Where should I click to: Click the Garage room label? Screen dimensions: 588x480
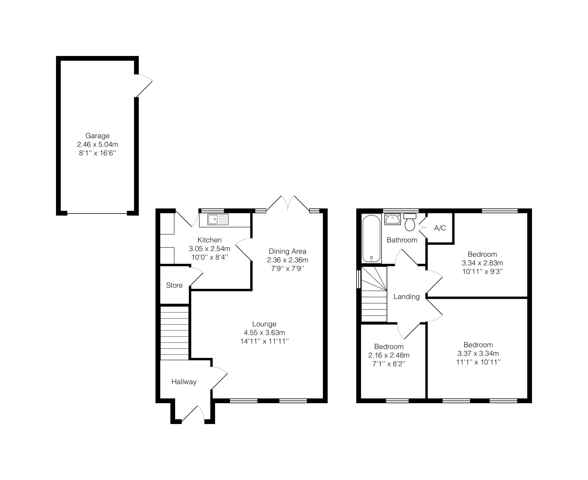click(x=97, y=136)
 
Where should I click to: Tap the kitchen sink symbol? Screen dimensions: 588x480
click(x=218, y=219)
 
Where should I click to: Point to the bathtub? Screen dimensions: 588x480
click(x=371, y=238)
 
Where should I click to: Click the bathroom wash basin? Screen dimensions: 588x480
click(x=392, y=219)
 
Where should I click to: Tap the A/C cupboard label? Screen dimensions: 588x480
click(x=440, y=228)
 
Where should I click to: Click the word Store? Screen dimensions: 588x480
click(x=174, y=285)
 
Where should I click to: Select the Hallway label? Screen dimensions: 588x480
click(x=184, y=382)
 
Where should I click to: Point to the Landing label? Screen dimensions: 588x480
click(x=406, y=297)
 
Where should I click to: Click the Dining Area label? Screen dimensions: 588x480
click(x=287, y=251)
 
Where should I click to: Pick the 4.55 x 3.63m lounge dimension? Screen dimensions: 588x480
click(x=264, y=332)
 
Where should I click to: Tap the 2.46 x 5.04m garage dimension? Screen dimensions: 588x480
click(x=97, y=144)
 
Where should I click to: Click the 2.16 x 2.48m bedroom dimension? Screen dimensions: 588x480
click(x=389, y=355)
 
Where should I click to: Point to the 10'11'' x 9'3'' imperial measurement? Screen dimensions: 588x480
click(x=482, y=272)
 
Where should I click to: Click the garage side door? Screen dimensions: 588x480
click(x=143, y=85)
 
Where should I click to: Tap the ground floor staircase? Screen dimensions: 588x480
click(x=174, y=333)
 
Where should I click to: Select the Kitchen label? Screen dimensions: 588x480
click(x=209, y=240)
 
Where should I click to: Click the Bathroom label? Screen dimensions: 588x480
click(x=402, y=240)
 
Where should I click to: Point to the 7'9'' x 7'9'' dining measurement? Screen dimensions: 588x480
click(x=287, y=268)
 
